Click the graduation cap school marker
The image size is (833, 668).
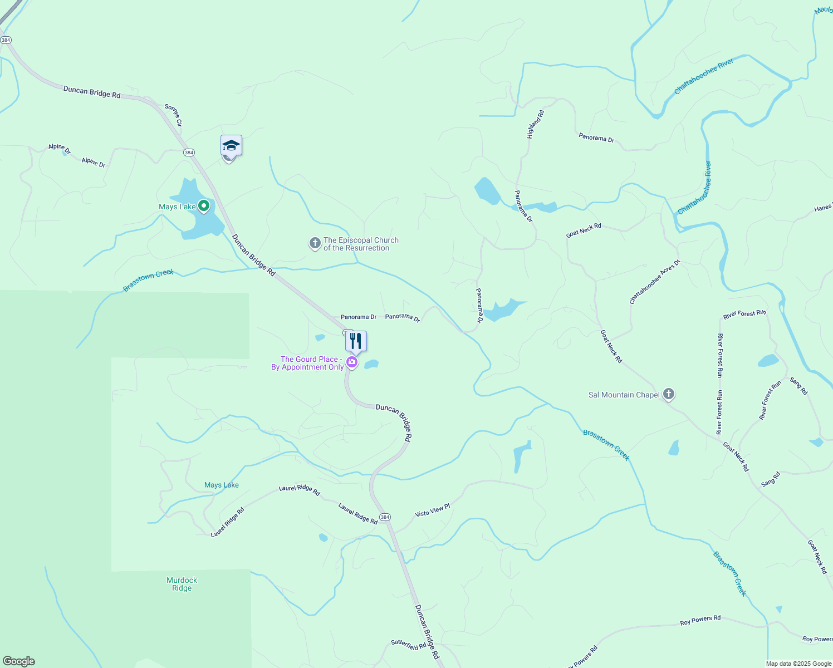pos(231,146)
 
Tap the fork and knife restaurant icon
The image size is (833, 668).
pos(356,341)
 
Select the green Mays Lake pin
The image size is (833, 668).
pos(204,206)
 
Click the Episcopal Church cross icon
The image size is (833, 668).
pos(315,243)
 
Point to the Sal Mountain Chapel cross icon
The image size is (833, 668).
pos(669,394)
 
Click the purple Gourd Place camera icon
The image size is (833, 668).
pos(352,363)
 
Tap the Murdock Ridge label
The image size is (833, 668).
pos(182,584)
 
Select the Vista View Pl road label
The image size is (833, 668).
pos(432,510)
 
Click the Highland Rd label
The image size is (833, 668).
pos(535,124)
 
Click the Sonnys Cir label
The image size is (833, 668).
pos(173,115)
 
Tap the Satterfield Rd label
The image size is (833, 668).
pos(408,645)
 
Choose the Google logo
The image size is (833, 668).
pos(18,661)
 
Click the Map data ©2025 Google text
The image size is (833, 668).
pos(798,664)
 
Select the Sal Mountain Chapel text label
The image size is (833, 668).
pos(624,395)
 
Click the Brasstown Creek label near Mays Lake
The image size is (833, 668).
pos(148,280)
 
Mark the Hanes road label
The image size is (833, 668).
pos(822,208)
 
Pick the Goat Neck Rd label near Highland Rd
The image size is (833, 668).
pos(584,230)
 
